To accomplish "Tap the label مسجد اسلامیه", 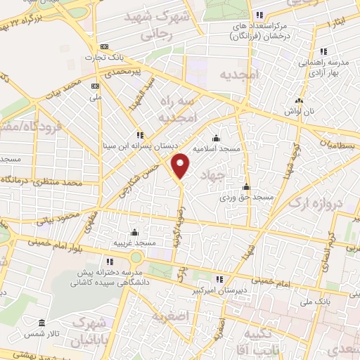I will point(218,149).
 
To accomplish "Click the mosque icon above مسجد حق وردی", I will point(246,187).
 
